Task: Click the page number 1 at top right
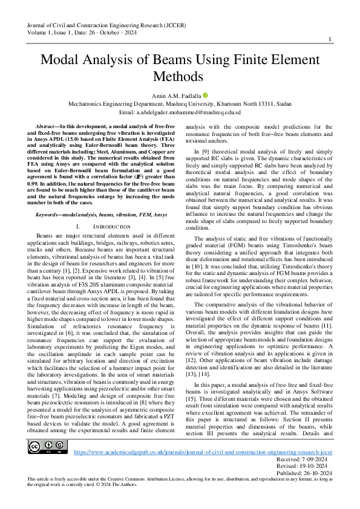coord(329,39)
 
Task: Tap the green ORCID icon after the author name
coord(205,96)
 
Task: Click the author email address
coord(180,112)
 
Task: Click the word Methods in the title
coord(180,77)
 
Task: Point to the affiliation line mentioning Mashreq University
coord(180,104)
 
